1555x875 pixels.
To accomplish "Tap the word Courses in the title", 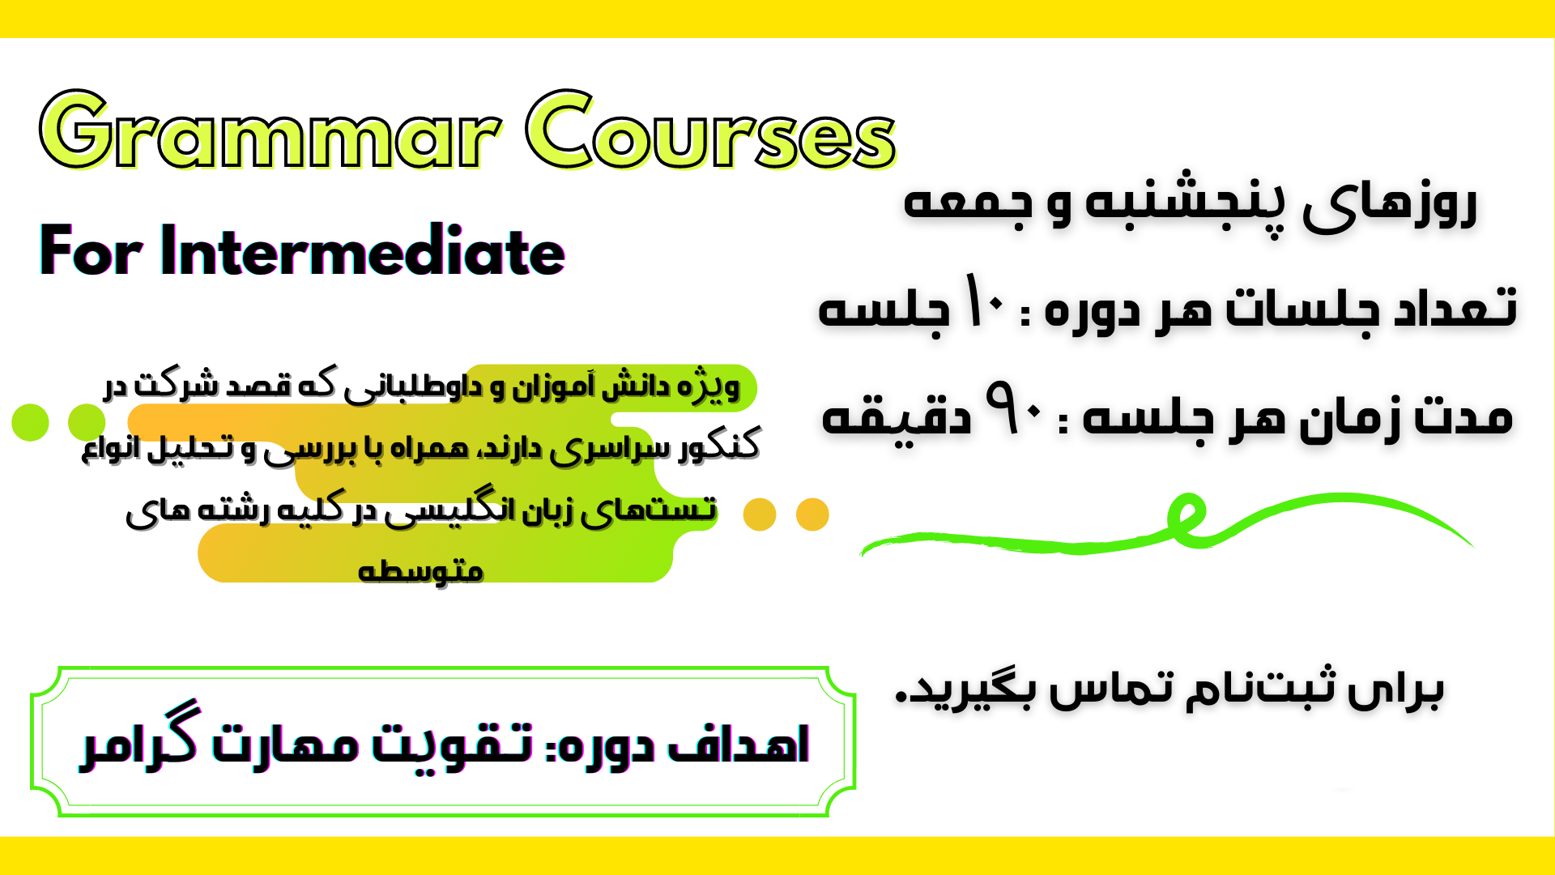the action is (710, 131).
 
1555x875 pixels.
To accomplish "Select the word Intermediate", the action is (362, 251).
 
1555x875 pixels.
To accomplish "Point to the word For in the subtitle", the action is (91, 251).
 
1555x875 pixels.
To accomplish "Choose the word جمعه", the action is (968, 203).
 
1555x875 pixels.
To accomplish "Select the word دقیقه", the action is (896, 416).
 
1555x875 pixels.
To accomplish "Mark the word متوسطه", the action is (420, 570).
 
